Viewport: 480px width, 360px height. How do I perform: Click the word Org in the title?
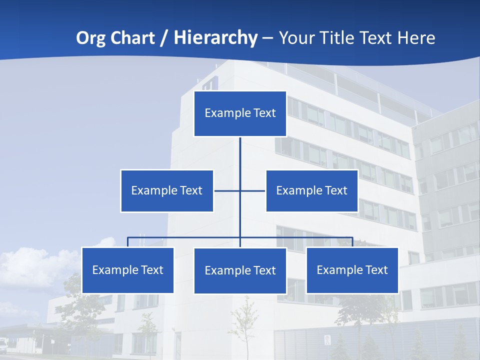tap(91, 38)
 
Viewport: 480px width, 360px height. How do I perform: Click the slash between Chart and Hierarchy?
tap(163, 38)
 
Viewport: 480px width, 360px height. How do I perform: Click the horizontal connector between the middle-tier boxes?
tap(228, 190)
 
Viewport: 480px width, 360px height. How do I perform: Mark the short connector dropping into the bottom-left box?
tap(127, 242)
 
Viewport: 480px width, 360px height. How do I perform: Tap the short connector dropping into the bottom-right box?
tap(352, 242)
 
